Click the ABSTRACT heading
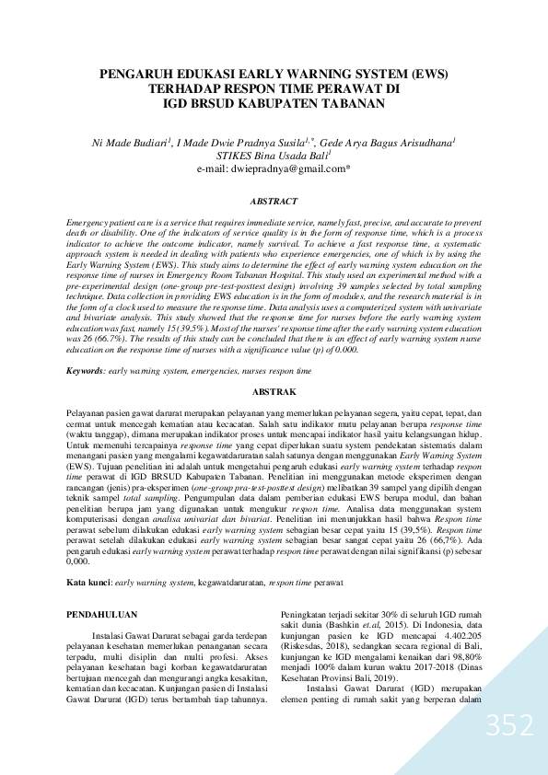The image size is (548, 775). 274,201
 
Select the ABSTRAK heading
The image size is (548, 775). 274,392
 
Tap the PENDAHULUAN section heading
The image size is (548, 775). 109,613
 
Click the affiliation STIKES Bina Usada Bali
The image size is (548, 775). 273,156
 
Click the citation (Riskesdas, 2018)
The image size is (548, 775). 318,659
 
